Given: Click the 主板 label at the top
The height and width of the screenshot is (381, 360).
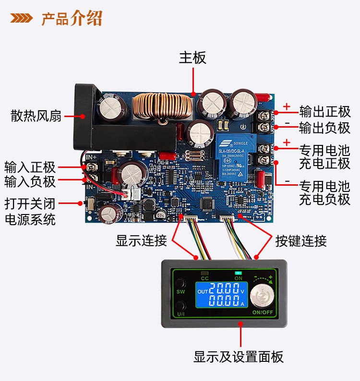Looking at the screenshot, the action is tap(192, 58).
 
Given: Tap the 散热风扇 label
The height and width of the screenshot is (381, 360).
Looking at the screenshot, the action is tap(36, 116).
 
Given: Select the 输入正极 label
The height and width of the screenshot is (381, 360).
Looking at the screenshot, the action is tap(30, 167).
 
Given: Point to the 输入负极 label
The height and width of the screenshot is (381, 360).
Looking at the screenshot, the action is tap(30, 182).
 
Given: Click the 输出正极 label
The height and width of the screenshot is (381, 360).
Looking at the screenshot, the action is tap(324, 112).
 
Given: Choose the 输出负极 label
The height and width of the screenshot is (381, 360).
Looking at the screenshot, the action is tap(324, 128).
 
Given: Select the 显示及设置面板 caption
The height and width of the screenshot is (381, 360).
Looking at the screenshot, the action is tap(239, 357).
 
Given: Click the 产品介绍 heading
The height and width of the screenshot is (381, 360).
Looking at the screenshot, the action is tap(72, 19).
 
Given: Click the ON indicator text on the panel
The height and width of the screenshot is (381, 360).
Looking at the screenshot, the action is tap(238, 278).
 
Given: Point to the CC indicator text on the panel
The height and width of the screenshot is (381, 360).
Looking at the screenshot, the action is tap(204, 278).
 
